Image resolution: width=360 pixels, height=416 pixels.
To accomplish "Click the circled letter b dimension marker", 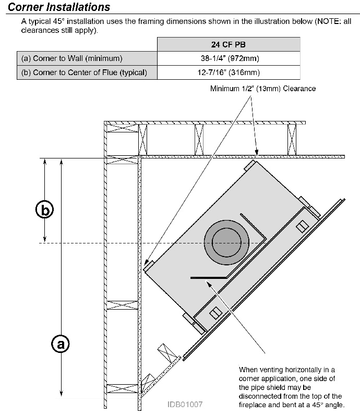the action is (x=44, y=210).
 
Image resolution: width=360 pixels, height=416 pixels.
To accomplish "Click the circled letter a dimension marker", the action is (x=61, y=344).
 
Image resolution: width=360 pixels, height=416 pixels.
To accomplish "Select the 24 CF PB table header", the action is (x=229, y=44).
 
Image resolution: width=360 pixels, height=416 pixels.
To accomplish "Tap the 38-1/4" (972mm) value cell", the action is (x=230, y=58).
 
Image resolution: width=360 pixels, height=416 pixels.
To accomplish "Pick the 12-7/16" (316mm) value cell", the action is (x=229, y=72).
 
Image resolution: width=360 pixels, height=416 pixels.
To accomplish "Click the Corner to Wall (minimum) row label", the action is (x=72, y=58).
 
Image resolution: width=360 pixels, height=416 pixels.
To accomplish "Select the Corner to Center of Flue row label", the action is (x=84, y=72).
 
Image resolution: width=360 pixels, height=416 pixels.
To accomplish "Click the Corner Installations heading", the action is (x=59, y=7).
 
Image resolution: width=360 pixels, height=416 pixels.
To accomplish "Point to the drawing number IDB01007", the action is (x=185, y=405).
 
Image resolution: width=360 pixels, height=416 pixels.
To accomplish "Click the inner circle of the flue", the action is (x=226, y=242).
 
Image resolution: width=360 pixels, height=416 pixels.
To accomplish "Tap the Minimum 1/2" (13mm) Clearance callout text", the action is (x=263, y=89).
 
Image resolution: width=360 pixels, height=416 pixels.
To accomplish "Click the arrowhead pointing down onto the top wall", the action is (x=257, y=152).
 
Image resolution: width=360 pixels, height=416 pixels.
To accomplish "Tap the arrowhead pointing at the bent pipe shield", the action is (x=209, y=285).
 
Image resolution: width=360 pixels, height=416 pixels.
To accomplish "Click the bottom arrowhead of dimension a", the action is (x=61, y=393).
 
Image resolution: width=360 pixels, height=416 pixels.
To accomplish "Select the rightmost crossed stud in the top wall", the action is (x=292, y=140).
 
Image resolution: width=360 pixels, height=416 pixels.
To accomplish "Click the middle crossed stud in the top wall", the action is (x=199, y=140).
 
